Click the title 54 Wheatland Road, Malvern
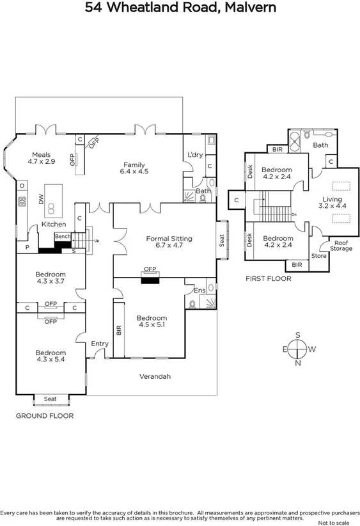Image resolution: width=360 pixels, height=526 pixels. [x=180, y=8]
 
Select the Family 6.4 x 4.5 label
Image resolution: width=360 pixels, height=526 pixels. [x=135, y=168]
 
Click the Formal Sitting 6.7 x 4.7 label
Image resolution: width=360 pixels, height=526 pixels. [x=169, y=243]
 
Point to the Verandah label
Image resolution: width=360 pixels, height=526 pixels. [x=155, y=376]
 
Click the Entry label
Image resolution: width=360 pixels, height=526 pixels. [x=100, y=344]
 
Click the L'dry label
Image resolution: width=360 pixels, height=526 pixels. [x=194, y=155]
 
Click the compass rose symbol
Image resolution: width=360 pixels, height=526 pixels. [x=297, y=349]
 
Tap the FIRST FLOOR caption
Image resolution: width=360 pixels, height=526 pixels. [x=269, y=279]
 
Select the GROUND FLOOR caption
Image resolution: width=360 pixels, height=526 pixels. [x=45, y=415]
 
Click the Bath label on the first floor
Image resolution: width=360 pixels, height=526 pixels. [x=320, y=145]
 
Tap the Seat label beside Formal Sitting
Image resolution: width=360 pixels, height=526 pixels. [x=223, y=239]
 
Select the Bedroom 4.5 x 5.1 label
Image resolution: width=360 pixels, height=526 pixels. [x=152, y=321]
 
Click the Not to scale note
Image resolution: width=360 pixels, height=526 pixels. [x=339, y=522]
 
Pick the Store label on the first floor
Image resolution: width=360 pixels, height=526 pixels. [x=318, y=256]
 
